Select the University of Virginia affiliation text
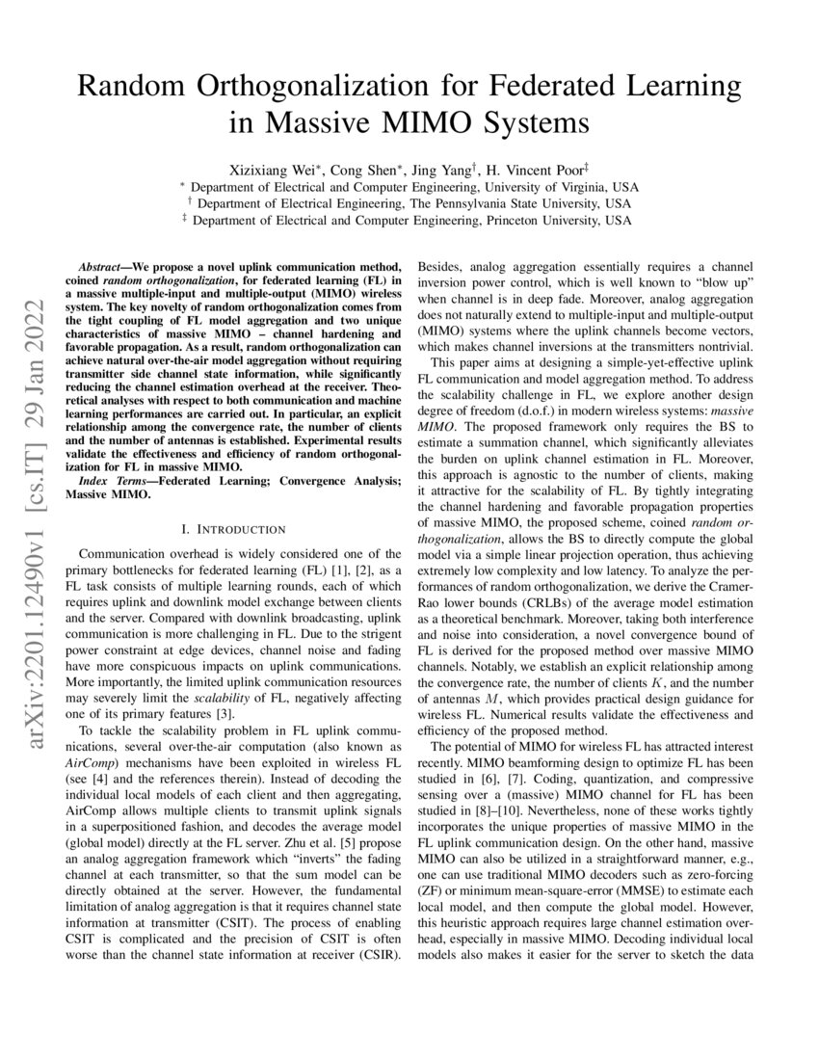click(542, 187)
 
